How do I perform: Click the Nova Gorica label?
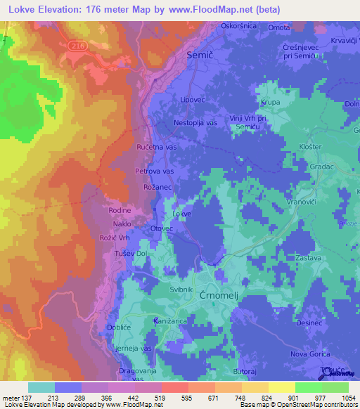coord(310,353)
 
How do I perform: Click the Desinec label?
coord(310,323)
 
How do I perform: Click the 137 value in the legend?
coord(25,397)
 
